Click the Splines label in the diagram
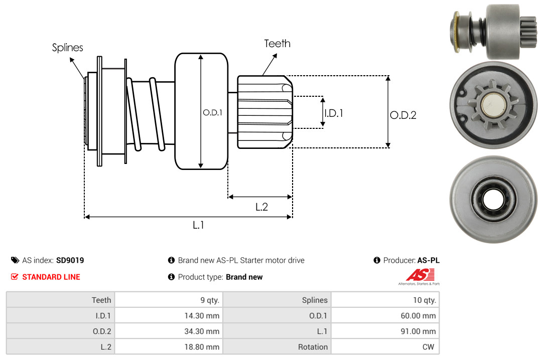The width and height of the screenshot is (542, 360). (x=67, y=48)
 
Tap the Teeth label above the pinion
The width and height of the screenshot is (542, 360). (x=277, y=44)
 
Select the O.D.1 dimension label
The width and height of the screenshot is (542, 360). (x=212, y=113)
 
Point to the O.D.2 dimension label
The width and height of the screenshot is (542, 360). (x=403, y=115)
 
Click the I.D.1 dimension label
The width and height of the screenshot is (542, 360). (x=333, y=113)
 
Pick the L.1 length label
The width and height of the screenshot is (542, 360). (x=198, y=225)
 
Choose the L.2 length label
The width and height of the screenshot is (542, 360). (x=261, y=207)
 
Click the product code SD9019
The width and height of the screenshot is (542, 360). (x=70, y=260)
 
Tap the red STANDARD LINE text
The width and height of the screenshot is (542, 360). (x=51, y=277)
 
